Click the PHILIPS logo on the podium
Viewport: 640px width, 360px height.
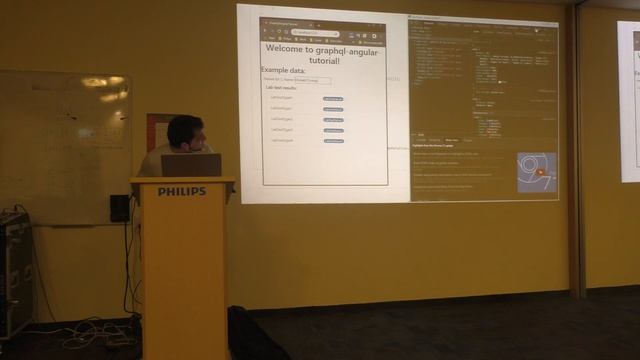pos(182,191)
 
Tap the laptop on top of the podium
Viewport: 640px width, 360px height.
pos(191,165)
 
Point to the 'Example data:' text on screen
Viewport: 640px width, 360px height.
pos(284,70)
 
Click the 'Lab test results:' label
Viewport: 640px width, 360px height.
pos(288,88)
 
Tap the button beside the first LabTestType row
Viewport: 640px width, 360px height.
pos(333,99)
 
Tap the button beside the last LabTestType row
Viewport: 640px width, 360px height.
pos(333,141)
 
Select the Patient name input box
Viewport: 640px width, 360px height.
pos(307,80)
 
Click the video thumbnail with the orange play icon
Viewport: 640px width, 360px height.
pos(536,172)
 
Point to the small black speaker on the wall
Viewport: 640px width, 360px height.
pos(120,208)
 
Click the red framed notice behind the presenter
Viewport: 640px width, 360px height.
pos(157,131)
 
